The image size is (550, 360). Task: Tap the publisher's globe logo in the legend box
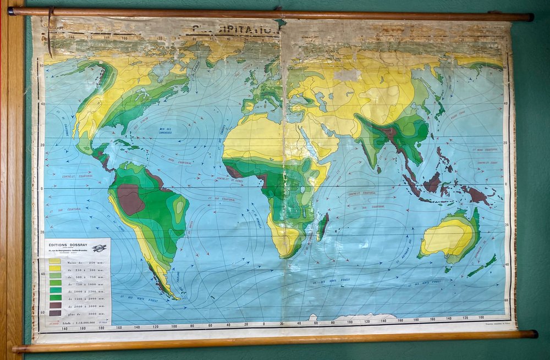point(99,248)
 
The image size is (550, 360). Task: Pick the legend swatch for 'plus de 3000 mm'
point(56,313)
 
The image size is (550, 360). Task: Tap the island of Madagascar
point(323,226)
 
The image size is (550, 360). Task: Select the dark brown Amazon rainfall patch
point(131,199)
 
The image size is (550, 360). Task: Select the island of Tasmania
point(447,270)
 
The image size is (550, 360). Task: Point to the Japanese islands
point(440,107)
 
